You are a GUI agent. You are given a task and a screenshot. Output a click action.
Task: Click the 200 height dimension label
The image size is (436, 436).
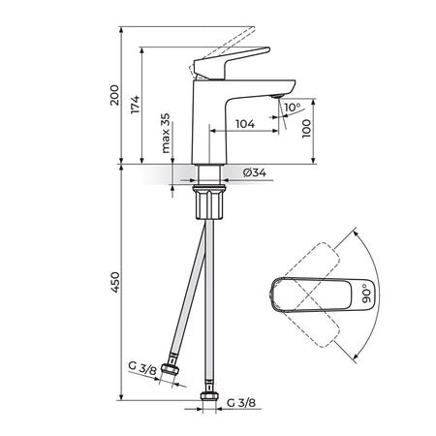(114, 95)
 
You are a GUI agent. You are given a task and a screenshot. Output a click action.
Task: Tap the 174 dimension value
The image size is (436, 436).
(135, 105)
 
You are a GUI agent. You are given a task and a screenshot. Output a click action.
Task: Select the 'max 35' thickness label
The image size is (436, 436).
(165, 133)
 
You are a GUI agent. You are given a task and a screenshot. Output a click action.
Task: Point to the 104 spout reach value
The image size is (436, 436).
(245, 124)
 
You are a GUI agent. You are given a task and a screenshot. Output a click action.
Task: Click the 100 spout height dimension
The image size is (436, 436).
(306, 129)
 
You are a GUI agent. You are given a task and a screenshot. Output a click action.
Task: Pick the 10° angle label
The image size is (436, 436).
(293, 107)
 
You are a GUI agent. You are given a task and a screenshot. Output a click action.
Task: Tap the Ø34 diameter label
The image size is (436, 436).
(255, 172)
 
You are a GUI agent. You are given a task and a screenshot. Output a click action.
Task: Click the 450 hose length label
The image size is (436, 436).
(115, 282)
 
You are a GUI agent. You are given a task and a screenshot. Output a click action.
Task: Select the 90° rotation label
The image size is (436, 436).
(366, 294)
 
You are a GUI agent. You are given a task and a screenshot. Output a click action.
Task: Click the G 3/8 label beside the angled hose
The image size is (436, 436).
(142, 368)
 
